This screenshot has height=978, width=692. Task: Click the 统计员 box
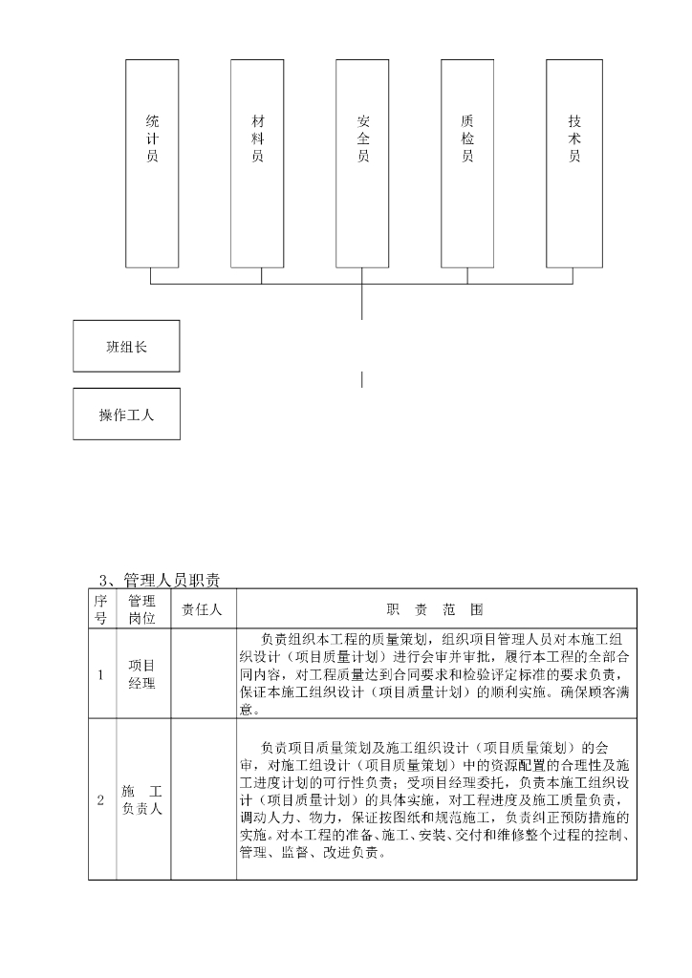(152, 163)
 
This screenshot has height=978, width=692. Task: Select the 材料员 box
(257, 163)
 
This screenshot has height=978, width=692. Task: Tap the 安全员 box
(362, 163)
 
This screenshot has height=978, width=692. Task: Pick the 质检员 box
(467, 163)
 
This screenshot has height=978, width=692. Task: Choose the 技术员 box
(573, 163)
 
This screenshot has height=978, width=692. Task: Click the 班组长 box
(126, 346)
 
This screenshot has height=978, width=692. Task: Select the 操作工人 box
(126, 414)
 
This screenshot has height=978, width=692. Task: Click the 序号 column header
(101, 607)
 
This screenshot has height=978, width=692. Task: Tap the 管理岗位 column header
(142, 607)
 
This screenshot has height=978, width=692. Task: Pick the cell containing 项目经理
(142, 674)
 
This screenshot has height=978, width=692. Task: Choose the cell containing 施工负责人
(142, 799)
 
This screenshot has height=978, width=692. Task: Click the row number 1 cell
(101, 675)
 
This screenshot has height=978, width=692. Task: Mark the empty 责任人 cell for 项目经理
(203, 674)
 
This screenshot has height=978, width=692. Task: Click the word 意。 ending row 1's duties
(249, 710)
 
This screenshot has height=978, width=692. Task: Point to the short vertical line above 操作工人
(362, 379)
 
